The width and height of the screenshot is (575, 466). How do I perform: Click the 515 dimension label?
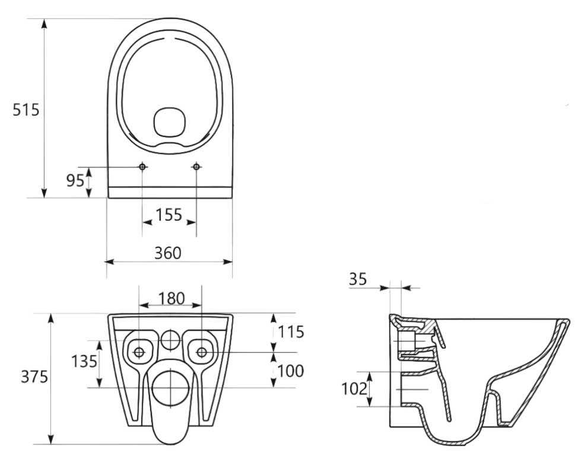pos(26,110)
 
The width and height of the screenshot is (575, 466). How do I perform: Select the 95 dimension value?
pos(75,180)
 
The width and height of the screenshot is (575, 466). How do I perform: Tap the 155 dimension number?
pos(169,215)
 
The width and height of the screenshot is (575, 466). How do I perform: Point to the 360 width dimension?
pos(168,253)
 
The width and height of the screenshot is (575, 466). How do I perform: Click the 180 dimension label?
pos(172,298)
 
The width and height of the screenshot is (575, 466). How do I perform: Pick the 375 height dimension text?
pos(33,376)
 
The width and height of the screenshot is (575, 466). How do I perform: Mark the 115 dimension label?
pos(291,331)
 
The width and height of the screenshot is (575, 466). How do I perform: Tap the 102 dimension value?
pos(354,389)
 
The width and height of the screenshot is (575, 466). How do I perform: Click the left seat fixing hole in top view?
pos(142,167)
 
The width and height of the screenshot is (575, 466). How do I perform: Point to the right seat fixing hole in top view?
pos(196,167)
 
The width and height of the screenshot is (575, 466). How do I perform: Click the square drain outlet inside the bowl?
pos(169,122)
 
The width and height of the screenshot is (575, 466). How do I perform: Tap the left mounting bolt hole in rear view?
pos(139,352)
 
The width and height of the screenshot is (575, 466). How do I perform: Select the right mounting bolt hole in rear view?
pos(202,352)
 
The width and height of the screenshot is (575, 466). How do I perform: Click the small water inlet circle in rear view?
pos(170,340)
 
